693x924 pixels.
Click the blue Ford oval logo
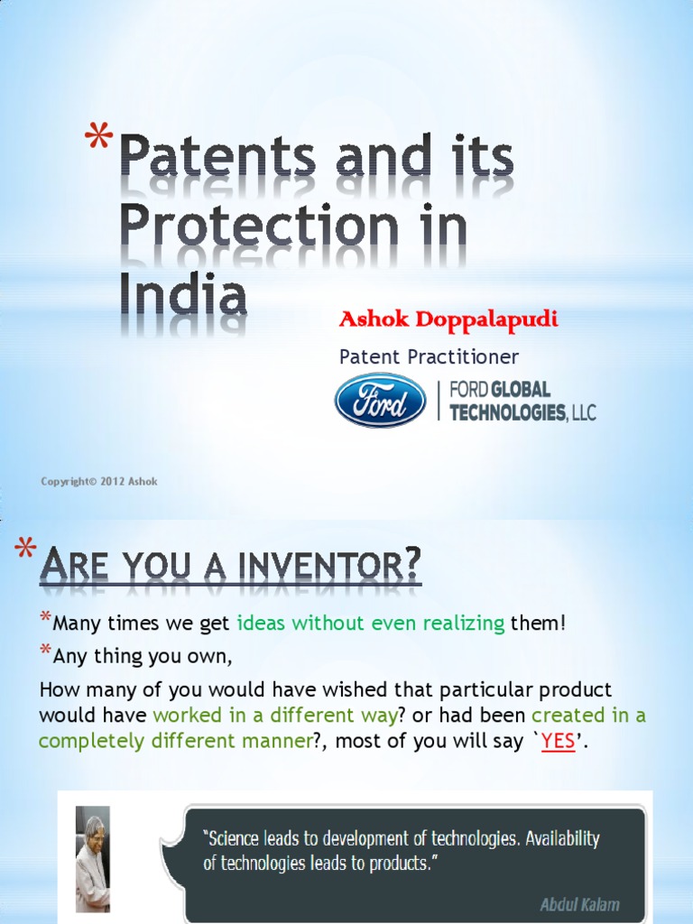point(380,400)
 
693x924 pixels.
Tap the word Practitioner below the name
point(466,357)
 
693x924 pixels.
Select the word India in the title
point(183,296)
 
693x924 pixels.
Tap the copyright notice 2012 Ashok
point(99,482)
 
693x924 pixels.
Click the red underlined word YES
point(558,743)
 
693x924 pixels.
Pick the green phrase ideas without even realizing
point(370,623)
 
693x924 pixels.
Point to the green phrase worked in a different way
point(275,716)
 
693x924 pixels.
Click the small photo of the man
point(92,857)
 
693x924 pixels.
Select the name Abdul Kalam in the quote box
point(579,903)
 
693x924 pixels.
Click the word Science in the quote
point(236,838)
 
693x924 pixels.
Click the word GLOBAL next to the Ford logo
point(520,391)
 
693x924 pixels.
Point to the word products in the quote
point(394,864)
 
